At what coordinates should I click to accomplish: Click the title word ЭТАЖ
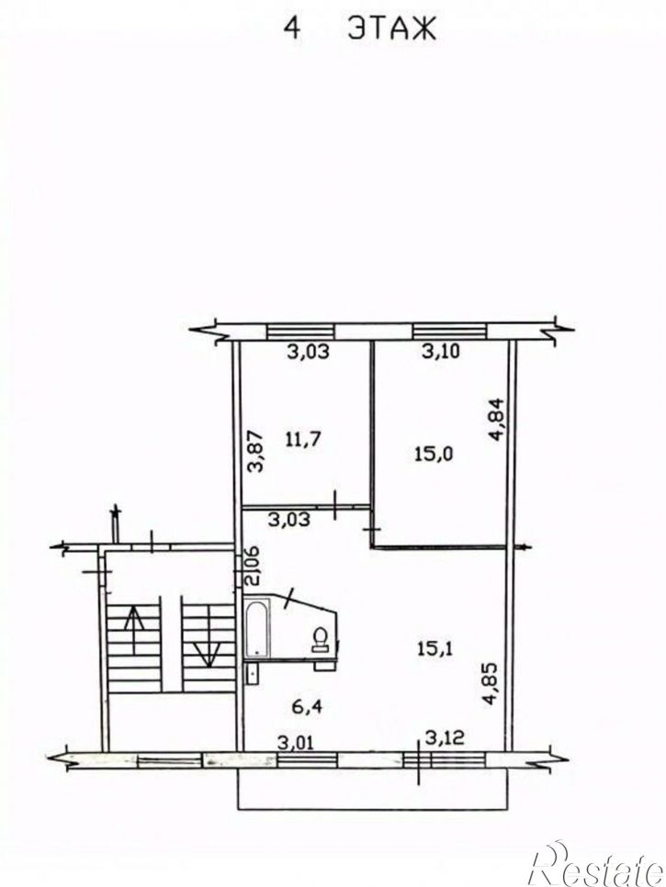pos(391,28)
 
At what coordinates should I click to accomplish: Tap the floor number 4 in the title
pos(292,28)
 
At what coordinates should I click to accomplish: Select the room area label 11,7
pos(304,439)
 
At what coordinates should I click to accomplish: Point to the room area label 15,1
pos(435,649)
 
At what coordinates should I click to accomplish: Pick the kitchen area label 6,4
pos(308,705)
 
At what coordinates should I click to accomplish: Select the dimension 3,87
pos(255,452)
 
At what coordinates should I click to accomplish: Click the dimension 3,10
pos(441,352)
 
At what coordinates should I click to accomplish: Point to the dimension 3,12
pos(445,737)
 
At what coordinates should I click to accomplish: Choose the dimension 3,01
pos(296,742)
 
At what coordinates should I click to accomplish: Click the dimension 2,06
pos(251,566)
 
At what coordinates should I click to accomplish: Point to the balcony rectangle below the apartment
pos(372,789)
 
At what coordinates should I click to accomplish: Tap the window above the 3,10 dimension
pos(450,331)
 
